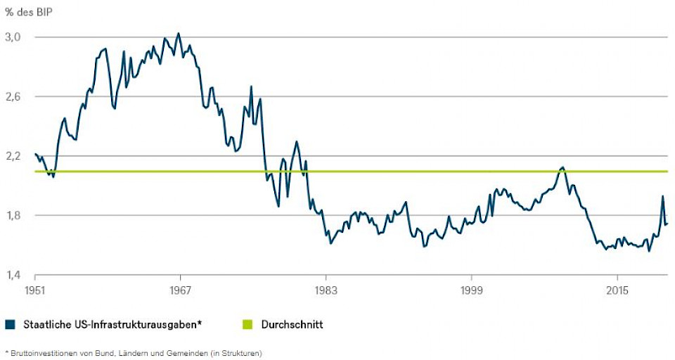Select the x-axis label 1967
[x=180, y=290]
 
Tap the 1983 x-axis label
[x=326, y=290]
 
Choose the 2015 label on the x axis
[x=617, y=290]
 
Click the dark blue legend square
[x=10, y=325]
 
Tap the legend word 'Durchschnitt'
[x=292, y=325]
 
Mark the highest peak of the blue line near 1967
[x=178, y=33]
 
